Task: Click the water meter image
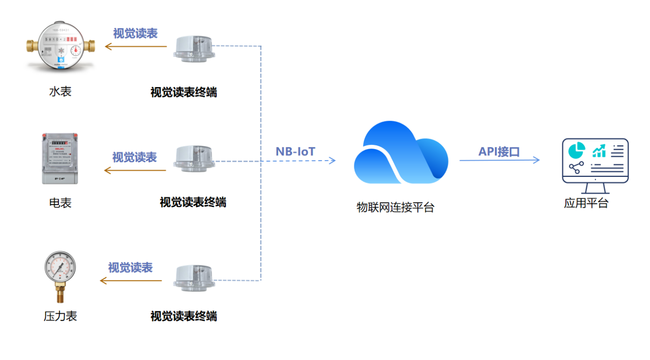[x=61, y=47]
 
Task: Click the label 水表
[x=60, y=91]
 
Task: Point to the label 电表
[x=60, y=203]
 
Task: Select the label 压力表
[x=60, y=316]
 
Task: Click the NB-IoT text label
[x=295, y=152]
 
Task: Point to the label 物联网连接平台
[x=395, y=207]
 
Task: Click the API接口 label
[x=499, y=152]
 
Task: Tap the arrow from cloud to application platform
[x=499, y=160]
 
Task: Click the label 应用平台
[x=586, y=203]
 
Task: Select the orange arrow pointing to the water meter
[x=136, y=46]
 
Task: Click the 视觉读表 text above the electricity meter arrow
[x=134, y=157]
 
